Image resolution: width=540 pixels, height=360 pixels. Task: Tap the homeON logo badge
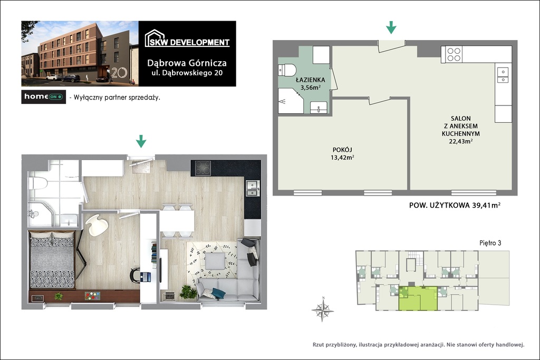pos(43,96)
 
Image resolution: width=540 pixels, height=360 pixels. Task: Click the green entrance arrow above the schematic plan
pos(391,27)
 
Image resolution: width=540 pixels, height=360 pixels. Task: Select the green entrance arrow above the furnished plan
pos(141,141)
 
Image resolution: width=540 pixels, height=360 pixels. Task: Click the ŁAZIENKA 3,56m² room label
pos(311,84)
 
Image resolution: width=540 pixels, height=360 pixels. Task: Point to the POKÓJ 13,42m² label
pos(342,154)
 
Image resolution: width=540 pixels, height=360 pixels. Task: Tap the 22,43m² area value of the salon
pos(460,141)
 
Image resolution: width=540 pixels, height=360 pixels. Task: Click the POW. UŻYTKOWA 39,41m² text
pos(455,206)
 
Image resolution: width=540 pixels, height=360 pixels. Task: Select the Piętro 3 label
pos(490,243)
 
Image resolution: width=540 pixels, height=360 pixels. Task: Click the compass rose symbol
pos(323,309)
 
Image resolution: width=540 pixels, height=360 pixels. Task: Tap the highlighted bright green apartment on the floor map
pos(418,298)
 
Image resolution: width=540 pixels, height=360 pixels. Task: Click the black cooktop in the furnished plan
pos(203,168)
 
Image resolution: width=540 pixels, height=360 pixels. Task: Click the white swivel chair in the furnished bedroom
pos(97,225)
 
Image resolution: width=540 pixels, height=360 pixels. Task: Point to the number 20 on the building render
pos(119,72)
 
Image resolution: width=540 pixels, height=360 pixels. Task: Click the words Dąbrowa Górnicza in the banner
pos(187,63)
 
